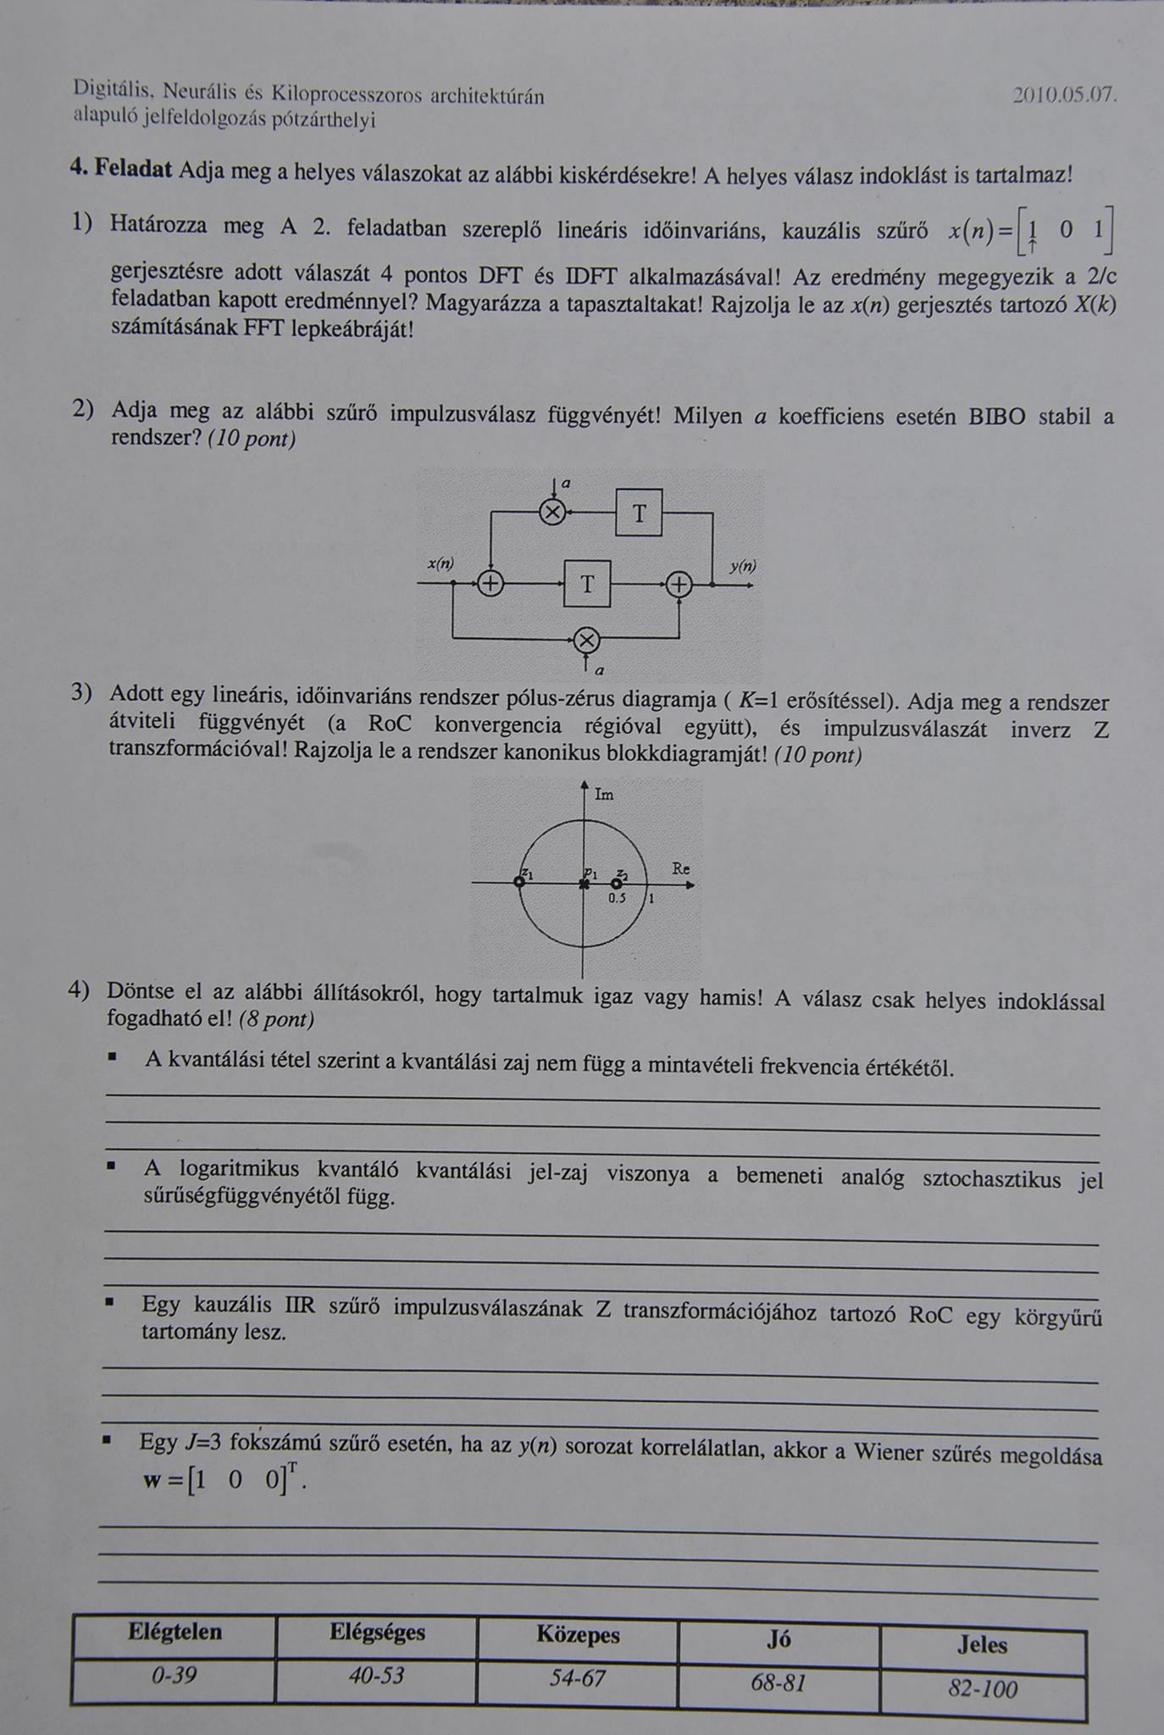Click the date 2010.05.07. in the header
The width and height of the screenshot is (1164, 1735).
[x=1065, y=95]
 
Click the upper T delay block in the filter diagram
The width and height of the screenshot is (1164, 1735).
[x=639, y=513]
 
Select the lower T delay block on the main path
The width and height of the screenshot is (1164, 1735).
[x=587, y=584]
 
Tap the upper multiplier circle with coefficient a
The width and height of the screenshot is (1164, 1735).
[x=552, y=512]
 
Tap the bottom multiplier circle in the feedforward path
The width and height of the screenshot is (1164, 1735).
[x=586, y=641]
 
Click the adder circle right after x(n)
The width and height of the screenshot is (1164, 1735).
[x=491, y=584]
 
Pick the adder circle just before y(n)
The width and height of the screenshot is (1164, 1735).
[x=679, y=585]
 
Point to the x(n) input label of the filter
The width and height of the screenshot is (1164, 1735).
[x=441, y=563]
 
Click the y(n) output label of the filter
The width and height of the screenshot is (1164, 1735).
[x=743, y=566]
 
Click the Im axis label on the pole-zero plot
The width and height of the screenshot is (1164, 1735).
[x=604, y=795]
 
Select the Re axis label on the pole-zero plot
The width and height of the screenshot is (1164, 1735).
[x=681, y=868]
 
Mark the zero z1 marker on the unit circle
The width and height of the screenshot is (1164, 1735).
[x=519, y=883]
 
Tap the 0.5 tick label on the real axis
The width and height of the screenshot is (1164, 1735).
[x=617, y=899]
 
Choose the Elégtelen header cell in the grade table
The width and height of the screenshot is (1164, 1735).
[x=175, y=1632]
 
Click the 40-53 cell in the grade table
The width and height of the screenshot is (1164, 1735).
[x=376, y=1676]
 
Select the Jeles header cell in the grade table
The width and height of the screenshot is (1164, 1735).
[x=983, y=1644]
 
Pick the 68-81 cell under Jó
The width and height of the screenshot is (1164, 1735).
[x=778, y=1682]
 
